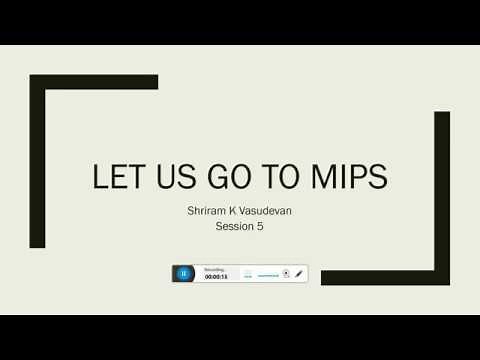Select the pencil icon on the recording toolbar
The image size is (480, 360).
[x=299, y=273]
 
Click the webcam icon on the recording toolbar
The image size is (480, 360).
[x=287, y=273]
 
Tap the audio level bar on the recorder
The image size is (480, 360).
[x=267, y=274]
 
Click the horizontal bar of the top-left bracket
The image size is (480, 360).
[x=94, y=82]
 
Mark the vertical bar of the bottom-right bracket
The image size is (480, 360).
[x=442, y=195]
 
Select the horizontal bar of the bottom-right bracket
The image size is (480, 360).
[x=385, y=278]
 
